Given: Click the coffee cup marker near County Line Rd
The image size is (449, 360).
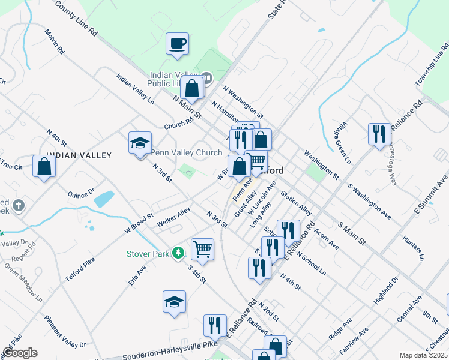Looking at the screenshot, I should click(x=178, y=44).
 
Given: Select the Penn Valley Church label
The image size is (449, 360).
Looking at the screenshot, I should click(x=186, y=152).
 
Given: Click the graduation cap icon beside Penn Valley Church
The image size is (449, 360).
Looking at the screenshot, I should click(x=140, y=143).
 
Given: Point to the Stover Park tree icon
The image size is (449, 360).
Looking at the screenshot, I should click(x=178, y=253).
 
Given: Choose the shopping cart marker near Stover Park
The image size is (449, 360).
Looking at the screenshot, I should click(x=202, y=248).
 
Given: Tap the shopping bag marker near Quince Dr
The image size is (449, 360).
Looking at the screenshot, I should click(x=44, y=166).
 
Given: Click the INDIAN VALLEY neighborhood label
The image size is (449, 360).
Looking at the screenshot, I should click(x=79, y=155).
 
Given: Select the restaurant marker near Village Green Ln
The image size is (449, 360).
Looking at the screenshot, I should click(x=378, y=134).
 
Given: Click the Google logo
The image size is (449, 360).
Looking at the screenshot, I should click(x=20, y=353).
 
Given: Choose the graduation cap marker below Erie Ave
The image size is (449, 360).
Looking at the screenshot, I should click(x=174, y=302).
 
